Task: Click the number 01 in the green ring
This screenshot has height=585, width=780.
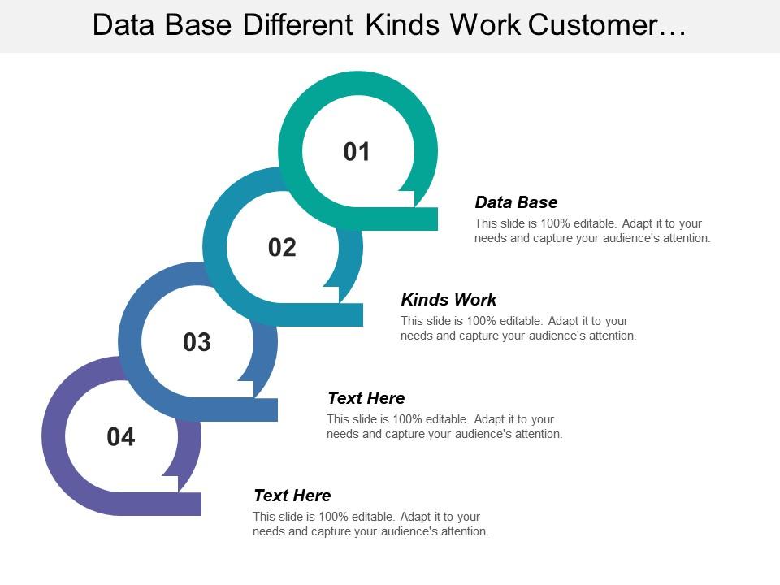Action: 357,152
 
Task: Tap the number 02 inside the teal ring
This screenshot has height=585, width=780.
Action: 282,248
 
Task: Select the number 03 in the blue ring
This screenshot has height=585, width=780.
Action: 197,343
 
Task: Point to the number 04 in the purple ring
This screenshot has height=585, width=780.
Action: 120,438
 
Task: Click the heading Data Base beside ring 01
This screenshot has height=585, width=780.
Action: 516,202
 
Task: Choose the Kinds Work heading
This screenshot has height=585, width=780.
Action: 448,300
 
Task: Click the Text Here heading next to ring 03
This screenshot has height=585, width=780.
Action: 366,398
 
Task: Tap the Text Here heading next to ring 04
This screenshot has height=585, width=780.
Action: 292,496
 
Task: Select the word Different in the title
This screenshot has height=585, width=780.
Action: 298,26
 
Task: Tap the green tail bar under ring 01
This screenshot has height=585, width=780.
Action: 406,219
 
